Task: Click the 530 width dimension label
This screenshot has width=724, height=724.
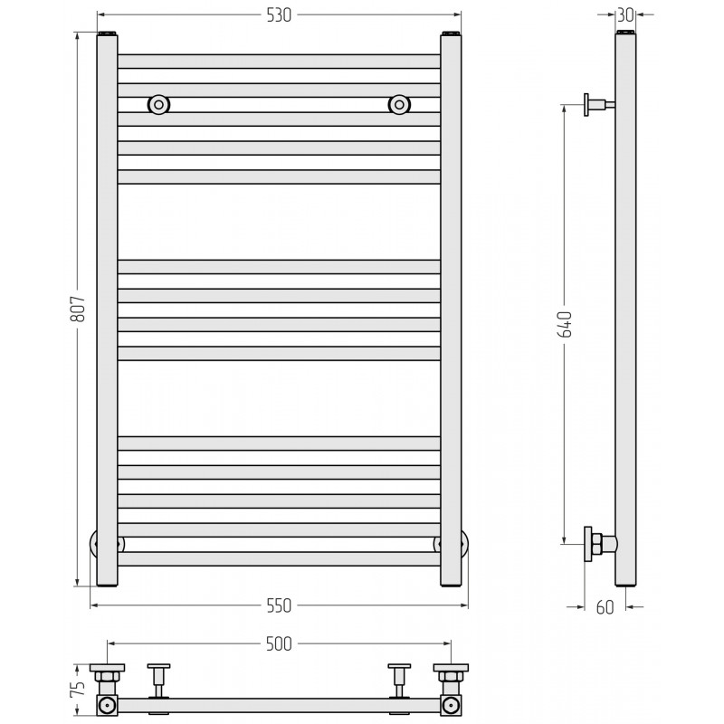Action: click(x=279, y=15)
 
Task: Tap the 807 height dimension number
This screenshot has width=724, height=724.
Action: click(x=78, y=309)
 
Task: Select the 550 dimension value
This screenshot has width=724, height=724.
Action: click(x=279, y=605)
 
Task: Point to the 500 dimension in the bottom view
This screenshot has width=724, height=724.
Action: click(x=279, y=643)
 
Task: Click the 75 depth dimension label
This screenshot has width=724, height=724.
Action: click(x=79, y=689)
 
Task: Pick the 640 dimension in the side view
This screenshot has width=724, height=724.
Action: click(x=566, y=325)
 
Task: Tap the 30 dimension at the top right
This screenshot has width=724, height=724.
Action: click(x=625, y=15)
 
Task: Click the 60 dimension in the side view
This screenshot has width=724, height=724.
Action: click(x=605, y=607)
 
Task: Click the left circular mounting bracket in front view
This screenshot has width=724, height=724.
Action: click(x=158, y=105)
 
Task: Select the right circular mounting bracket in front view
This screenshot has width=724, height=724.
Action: click(x=399, y=105)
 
